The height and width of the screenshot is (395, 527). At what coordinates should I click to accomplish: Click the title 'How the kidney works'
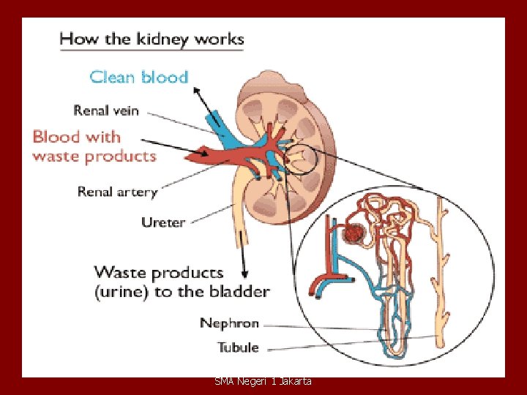tap(152, 39)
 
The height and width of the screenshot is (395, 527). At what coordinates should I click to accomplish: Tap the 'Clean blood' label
tap(138, 77)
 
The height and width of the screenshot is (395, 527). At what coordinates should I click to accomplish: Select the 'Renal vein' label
tap(107, 110)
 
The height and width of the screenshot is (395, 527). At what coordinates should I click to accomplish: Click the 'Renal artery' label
tap(117, 192)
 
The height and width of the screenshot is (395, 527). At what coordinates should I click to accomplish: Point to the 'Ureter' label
tap(162, 222)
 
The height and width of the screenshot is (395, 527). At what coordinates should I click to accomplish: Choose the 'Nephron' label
tap(229, 323)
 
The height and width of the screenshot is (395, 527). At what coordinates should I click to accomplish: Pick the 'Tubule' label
tap(239, 347)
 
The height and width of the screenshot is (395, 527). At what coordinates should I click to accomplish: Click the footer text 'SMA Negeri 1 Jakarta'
tap(263, 381)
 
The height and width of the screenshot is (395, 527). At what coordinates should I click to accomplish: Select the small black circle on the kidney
tap(301, 158)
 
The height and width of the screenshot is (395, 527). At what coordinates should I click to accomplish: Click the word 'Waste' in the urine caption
tap(120, 273)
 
